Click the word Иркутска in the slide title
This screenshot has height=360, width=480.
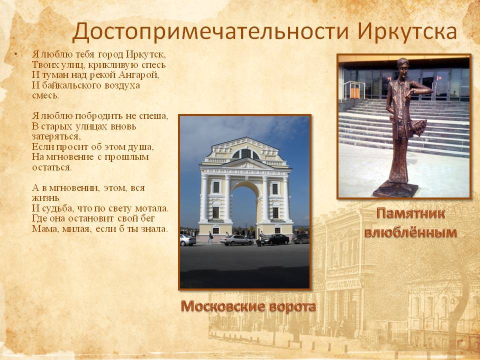pyautogui.click(x=407, y=32)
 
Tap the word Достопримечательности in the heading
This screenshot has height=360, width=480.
pyautogui.click(x=210, y=32)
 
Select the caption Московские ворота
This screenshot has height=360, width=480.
pyautogui.click(x=248, y=306)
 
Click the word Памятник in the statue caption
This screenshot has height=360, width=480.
pyautogui.click(x=410, y=213)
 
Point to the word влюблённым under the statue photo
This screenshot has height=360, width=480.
pyautogui.click(x=410, y=232)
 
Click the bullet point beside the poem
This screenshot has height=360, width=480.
pyautogui.click(x=15, y=55)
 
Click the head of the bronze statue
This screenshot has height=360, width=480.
pyautogui.click(x=402, y=65)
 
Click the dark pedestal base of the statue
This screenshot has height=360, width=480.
pyautogui.click(x=395, y=189)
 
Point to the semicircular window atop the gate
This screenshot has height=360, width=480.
pyautogui.click(x=245, y=153)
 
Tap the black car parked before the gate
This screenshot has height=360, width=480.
pyautogui.click(x=274, y=239)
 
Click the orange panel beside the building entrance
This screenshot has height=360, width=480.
pyautogui.click(x=354, y=91)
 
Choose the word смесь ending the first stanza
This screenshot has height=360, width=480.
pyautogui.click(x=45, y=96)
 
